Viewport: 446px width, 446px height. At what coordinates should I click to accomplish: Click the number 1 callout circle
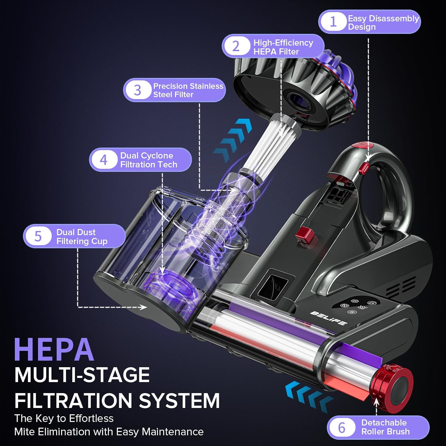pos(333,22)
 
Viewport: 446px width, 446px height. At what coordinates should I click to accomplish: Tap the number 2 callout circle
pos(236,46)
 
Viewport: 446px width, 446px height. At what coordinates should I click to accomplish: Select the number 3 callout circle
pos(137,90)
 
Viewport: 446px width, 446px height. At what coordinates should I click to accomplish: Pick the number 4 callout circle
pos(103,160)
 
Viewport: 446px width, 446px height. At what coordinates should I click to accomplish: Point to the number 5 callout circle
pos(38,236)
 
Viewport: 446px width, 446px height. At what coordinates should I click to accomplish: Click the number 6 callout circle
pos(342,428)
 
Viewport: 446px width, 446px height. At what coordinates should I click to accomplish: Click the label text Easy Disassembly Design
pos(383,23)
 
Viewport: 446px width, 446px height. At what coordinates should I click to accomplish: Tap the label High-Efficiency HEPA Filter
pos(283,47)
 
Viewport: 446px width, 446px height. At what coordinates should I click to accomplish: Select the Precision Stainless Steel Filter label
pos(188,90)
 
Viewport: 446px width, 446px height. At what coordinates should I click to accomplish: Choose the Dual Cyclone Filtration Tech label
pos(148,160)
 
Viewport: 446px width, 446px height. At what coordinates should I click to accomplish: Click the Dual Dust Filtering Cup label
pos(81,236)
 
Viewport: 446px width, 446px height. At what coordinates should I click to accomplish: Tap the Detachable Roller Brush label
pos(385,427)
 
